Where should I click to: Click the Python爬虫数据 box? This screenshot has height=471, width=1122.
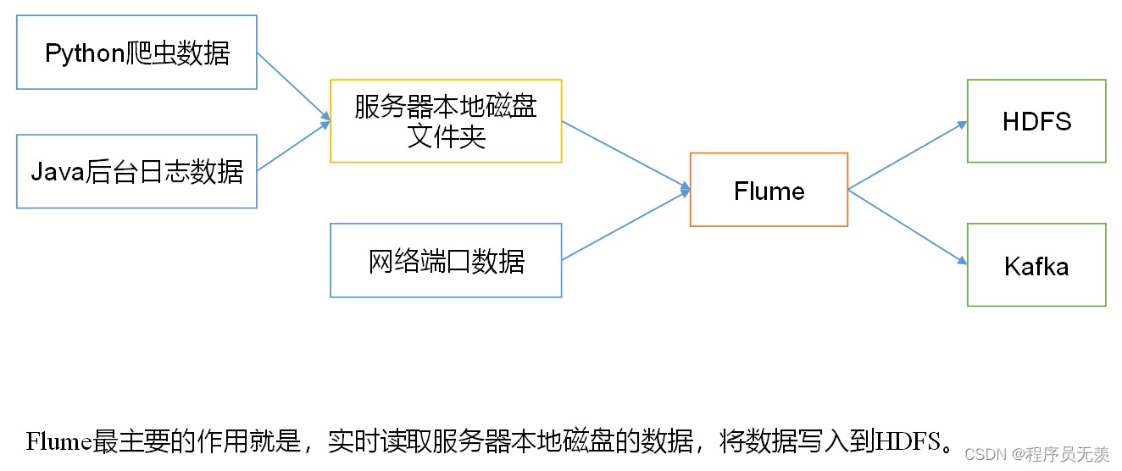click(x=136, y=53)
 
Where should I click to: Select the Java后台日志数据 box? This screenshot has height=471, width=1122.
click(x=136, y=171)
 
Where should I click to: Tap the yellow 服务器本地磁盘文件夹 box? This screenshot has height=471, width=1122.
click(x=446, y=121)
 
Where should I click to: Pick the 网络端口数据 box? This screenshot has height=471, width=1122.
click(x=446, y=260)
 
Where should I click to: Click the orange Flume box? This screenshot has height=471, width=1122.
click(x=769, y=190)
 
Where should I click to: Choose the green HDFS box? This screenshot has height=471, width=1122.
click(x=1036, y=121)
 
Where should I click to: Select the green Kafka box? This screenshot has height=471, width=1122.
click(x=1036, y=265)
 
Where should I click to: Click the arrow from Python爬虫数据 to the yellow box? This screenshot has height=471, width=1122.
click(x=293, y=86)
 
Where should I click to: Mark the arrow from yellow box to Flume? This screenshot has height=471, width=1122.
click(x=625, y=154)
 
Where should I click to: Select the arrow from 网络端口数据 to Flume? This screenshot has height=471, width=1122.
click(x=625, y=224)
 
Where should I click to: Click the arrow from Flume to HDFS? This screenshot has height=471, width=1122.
click(x=907, y=155)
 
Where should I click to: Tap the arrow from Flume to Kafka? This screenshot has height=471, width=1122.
click(x=907, y=226)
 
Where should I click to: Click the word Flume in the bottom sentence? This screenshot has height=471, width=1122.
click(x=59, y=441)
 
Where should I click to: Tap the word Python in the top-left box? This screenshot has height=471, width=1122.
click(x=85, y=53)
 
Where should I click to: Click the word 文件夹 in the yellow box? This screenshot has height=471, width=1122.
click(x=446, y=136)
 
